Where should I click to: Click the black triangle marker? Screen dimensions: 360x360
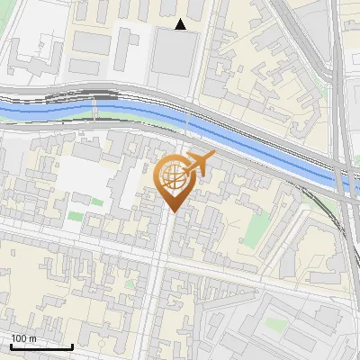pyautogui.click(x=181, y=24)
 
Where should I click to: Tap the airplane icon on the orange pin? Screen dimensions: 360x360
pyautogui.click(x=200, y=164)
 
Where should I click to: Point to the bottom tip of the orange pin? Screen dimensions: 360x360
pyautogui.click(x=173, y=212)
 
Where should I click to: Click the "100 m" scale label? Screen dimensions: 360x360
pyautogui.click(x=24, y=338)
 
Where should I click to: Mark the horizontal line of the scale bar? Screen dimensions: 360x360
pyautogui.click(x=41, y=347)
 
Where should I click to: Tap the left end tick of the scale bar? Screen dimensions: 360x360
pyautogui.click(x=11, y=346)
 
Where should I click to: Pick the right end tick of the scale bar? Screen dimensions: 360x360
pyautogui.click(x=72, y=346)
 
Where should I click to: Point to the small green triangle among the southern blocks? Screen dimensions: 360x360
pyautogui.click(x=129, y=284)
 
